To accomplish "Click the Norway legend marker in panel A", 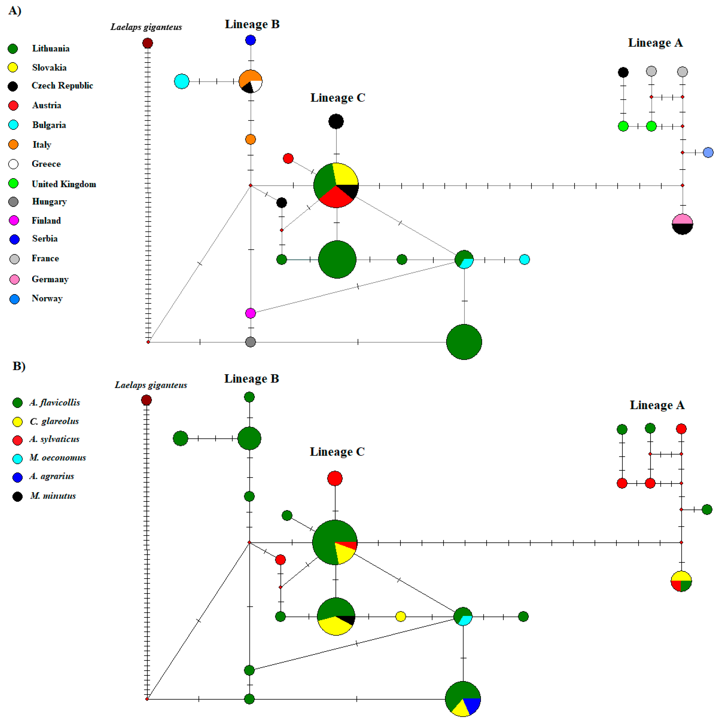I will pos(14,299).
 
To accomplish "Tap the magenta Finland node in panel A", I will pos(250,313).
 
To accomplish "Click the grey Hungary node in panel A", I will pos(250,342).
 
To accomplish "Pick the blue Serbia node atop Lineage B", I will pos(250,40).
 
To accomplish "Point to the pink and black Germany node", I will pos(682,224).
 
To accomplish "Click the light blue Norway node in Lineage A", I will pos(708,153).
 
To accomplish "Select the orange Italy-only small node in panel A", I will pos(250,139).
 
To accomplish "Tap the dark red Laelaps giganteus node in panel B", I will pos(146,400).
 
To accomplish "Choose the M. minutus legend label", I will pos(53,496).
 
